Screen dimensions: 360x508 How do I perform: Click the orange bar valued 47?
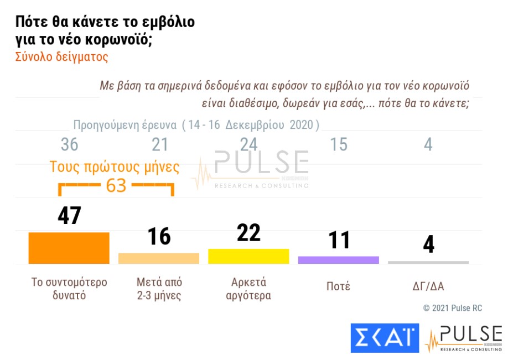tap(69, 248)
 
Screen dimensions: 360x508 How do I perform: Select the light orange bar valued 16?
tap(159, 258)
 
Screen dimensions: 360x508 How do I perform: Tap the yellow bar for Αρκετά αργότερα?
tap(248, 256)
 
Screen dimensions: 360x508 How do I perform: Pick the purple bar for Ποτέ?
tap(338, 260)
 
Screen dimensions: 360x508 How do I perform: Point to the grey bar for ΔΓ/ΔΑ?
tap(428, 262)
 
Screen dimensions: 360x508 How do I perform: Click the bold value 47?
tap(69, 216)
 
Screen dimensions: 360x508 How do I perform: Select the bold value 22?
tap(248, 233)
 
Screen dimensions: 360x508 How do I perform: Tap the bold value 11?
tap(338, 240)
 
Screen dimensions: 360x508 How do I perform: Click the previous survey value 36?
tap(69, 145)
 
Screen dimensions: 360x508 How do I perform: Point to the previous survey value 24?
tap(248, 145)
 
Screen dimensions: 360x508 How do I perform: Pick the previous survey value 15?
tap(338, 145)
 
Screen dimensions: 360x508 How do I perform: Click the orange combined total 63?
tap(116, 185)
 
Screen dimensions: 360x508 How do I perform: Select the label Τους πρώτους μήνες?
tap(115, 167)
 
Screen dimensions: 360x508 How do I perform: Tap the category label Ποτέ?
tap(338, 286)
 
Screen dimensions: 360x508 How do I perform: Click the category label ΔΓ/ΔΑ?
tap(428, 286)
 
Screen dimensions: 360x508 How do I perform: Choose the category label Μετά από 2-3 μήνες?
tap(159, 289)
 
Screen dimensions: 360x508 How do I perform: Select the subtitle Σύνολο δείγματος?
tap(61, 57)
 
